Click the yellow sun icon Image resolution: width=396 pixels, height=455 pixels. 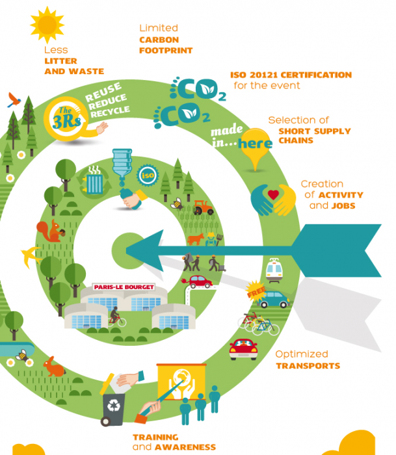pyautogui.click(x=47, y=25)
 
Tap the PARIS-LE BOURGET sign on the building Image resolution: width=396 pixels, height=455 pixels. pyautogui.click(x=124, y=287)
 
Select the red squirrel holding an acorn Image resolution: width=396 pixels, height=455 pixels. pyautogui.click(x=51, y=231)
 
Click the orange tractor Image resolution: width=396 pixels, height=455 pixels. pyautogui.click(x=203, y=207)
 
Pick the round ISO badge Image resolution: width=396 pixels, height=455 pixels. pyautogui.click(x=148, y=175)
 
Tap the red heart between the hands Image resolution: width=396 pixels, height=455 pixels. pyautogui.click(x=273, y=194)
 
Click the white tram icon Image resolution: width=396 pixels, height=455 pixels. pyautogui.click(x=274, y=270)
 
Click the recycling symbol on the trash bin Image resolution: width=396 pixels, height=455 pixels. pyautogui.click(x=114, y=405)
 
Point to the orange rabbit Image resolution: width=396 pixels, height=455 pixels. pyautogui.click(x=54, y=367)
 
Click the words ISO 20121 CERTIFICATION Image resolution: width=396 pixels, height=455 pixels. pyautogui.click(x=291, y=75)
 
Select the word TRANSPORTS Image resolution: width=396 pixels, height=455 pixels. pyautogui.click(x=308, y=365)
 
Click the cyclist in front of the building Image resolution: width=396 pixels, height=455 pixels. pyautogui.click(x=116, y=317)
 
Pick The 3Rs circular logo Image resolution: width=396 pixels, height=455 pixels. pyautogui.click(x=66, y=119)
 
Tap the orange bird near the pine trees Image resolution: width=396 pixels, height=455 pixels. pyautogui.click(x=14, y=100)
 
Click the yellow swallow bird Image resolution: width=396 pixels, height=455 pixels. pyautogui.click(x=31, y=257)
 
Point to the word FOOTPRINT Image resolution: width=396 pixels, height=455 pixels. pyautogui.click(x=166, y=51)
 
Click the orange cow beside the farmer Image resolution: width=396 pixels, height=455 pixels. pyautogui.click(x=196, y=239)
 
